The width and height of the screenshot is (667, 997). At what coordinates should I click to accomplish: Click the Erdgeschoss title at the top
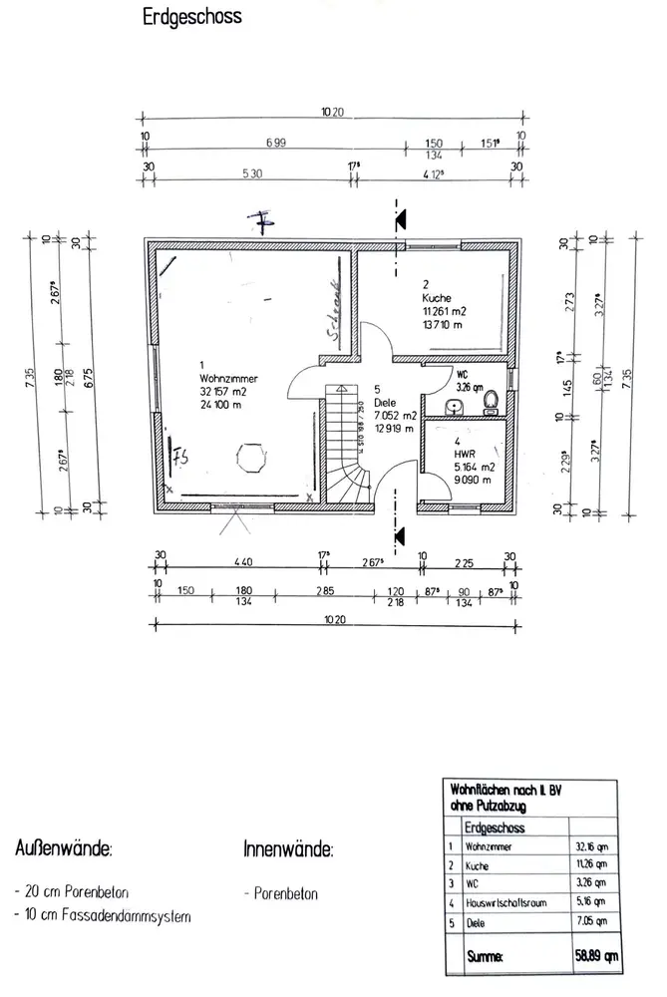191,18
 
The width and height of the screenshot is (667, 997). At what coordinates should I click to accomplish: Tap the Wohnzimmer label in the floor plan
222,380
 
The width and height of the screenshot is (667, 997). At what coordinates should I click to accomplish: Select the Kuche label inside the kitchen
438,298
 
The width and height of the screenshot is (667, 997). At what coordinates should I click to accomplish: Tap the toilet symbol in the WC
490,401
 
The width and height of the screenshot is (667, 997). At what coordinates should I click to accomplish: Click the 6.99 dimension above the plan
274,144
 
